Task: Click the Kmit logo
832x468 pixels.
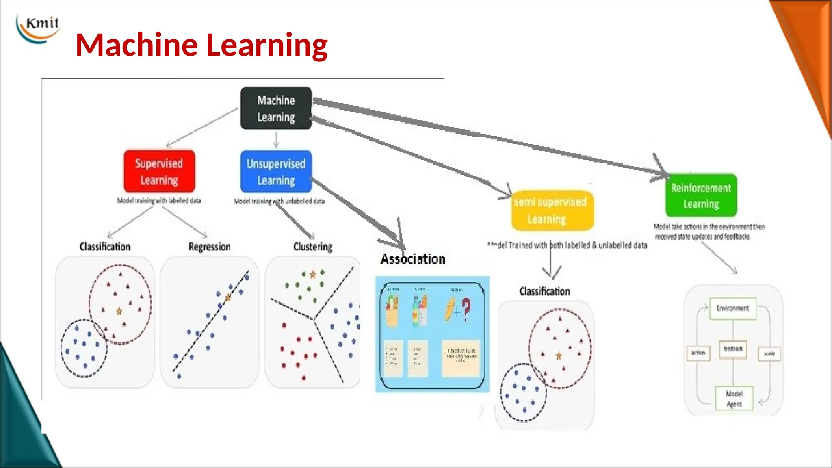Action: [x=38, y=28]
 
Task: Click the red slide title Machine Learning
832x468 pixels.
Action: [x=201, y=45]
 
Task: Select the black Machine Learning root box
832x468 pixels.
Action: [x=276, y=108]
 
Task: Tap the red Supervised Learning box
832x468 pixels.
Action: [x=159, y=171]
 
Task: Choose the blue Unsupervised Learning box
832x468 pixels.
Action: [x=276, y=171]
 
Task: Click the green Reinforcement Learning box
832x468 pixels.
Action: [x=701, y=195]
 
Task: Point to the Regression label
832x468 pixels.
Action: [x=210, y=247]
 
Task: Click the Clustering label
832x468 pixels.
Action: [x=313, y=247]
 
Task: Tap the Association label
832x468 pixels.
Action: [x=413, y=259]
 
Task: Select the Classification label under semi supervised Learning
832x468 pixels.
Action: [x=544, y=291]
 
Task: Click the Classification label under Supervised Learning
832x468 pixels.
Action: [x=105, y=247]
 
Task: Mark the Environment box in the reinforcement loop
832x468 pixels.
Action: [x=732, y=308]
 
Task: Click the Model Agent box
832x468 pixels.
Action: [x=734, y=399]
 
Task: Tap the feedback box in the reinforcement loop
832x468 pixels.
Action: [x=733, y=349]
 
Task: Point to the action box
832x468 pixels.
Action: [x=698, y=353]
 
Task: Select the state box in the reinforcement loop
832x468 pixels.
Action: [x=769, y=353]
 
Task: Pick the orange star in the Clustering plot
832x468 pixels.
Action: [x=313, y=275]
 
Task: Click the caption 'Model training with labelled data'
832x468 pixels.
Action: [x=159, y=201]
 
